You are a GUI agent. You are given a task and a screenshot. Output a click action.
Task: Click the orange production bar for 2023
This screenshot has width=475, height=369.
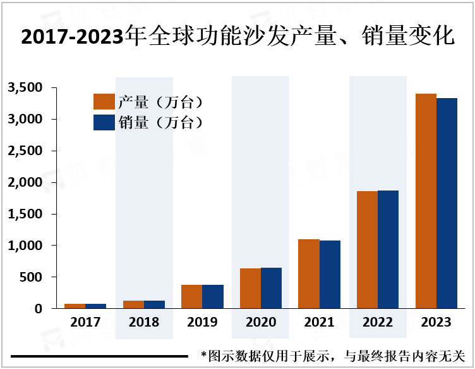pyautogui.click(x=426, y=201)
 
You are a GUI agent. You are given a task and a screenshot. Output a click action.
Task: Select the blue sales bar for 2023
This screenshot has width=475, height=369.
pyautogui.click(x=447, y=203)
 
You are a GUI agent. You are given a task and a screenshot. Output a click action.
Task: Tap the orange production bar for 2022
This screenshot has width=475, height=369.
pyautogui.click(x=367, y=249)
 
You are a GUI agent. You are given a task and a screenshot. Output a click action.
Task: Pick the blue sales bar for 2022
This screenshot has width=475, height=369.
pyautogui.click(x=388, y=249)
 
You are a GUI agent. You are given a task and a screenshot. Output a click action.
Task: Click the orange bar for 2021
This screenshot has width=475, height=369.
pyautogui.click(x=309, y=273)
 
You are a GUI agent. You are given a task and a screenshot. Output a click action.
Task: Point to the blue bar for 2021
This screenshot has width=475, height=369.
pyautogui.click(x=330, y=274)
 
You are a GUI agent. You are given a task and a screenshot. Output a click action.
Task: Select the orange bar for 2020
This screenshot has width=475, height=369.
pyautogui.click(x=250, y=288)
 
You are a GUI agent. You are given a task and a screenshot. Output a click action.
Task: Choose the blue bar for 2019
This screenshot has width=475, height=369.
pyautogui.click(x=213, y=296)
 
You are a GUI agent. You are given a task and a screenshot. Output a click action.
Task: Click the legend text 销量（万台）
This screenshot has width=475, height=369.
pyautogui.click(x=161, y=122)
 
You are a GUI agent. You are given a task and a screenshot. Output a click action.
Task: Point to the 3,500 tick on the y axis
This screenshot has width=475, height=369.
pyautogui.click(x=25, y=87)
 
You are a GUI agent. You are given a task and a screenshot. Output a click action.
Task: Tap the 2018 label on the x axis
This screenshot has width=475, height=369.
pyautogui.click(x=144, y=322)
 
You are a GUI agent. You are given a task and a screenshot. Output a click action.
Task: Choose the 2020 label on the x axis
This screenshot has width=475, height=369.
pyautogui.click(x=261, y=322)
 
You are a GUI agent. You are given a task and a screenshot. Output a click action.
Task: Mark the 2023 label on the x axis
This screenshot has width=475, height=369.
pyautogui.click(x=436, y=322)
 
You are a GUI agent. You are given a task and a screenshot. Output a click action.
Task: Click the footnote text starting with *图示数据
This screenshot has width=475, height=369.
pyautogui.click(x=333, y=356)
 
